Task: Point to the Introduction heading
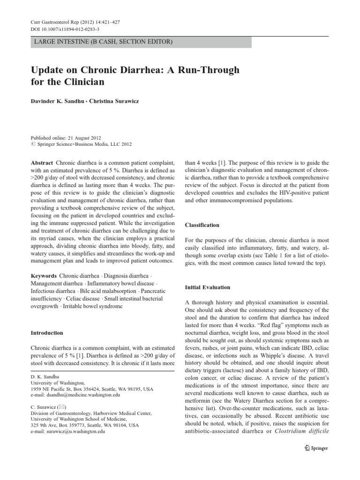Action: [47, 333]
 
